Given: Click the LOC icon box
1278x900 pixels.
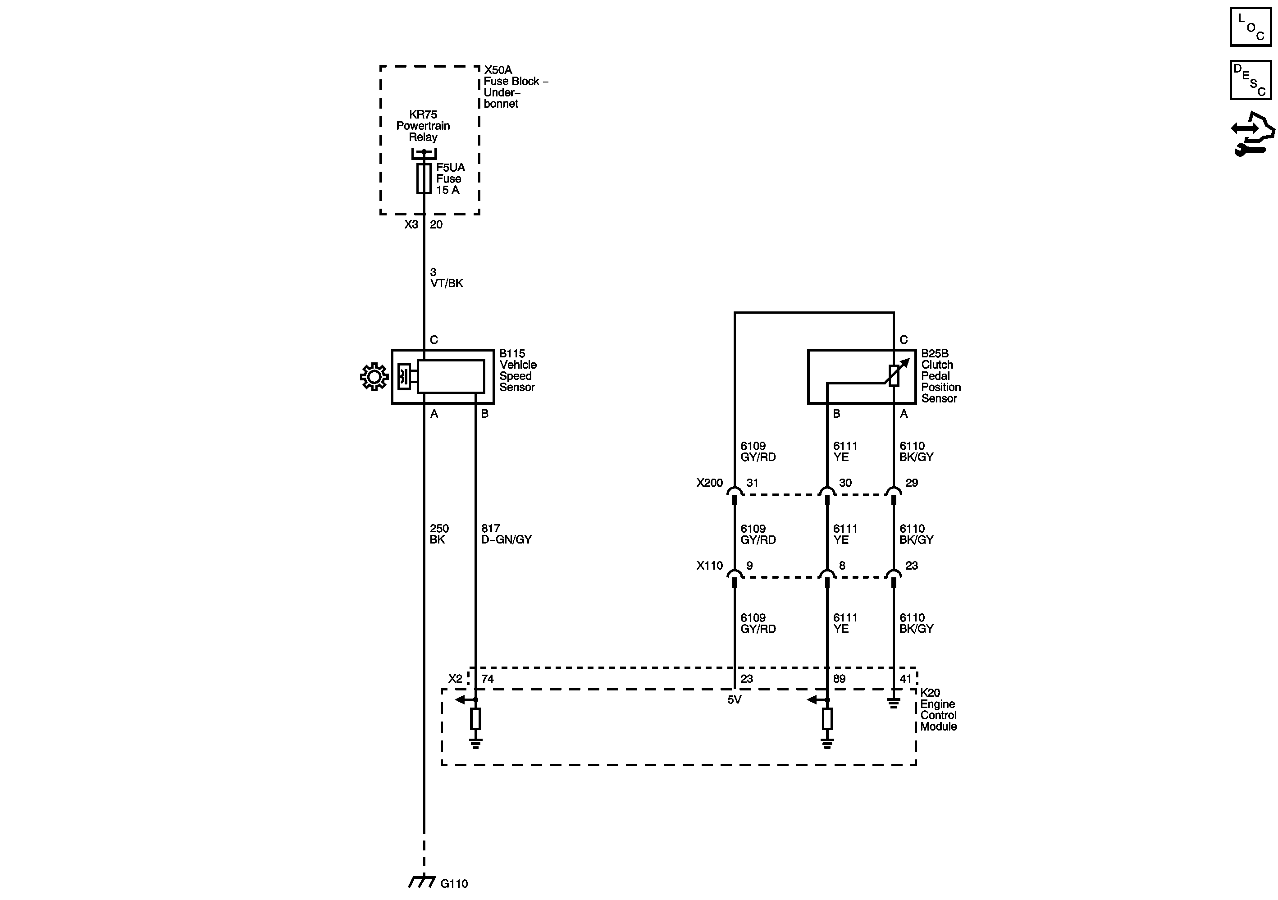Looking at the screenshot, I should coord(1250,27).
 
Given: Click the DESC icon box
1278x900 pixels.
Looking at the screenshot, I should coord(1250,80).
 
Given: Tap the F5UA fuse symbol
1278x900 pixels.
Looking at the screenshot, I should coord(424,178).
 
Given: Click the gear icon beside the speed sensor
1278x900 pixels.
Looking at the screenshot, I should coord(374,377).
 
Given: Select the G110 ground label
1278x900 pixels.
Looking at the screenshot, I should coord(454,883).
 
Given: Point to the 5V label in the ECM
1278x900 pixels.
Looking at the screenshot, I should coord(734,699).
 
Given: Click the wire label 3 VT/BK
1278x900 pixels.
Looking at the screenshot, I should coord(446,278).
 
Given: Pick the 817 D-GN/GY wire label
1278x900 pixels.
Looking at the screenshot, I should coord(506,534).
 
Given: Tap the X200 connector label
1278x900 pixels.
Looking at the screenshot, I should coord(709,483).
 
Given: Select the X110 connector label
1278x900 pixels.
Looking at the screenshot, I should coord(709,566).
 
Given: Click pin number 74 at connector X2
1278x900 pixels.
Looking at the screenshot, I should coord(488,678).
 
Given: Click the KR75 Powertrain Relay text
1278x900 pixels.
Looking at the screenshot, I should coord(423,126).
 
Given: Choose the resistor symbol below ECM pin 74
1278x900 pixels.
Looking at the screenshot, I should coord(475,718).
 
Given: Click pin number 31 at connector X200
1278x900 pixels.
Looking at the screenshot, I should coord(752,483).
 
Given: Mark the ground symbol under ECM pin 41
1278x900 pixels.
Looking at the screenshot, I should coord(893,704).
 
